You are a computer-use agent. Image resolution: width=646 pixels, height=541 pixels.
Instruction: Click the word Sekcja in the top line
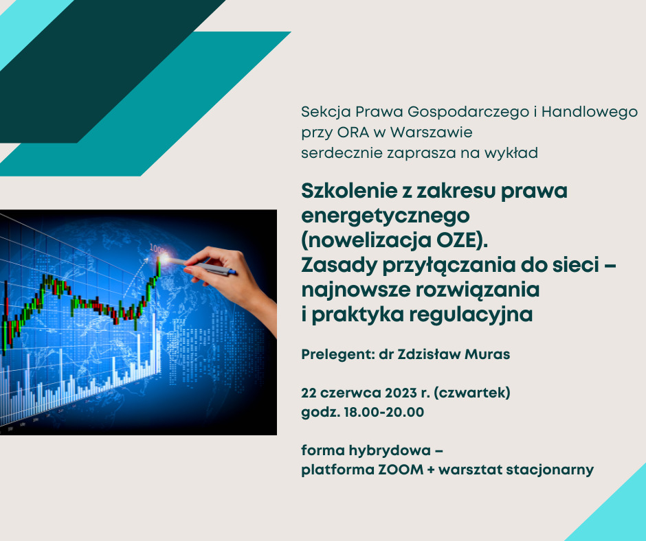point(326,113)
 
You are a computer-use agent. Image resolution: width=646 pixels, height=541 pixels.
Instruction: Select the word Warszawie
point(431,133)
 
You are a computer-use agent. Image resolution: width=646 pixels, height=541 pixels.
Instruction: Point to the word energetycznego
point(386,216)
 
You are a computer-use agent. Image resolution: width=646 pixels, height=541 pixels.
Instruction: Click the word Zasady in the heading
point(339,265)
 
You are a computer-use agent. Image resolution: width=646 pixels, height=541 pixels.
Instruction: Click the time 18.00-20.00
point(384,412)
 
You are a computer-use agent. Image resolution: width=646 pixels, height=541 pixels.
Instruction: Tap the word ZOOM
point(401,470)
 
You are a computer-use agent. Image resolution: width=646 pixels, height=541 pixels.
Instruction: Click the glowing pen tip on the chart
point(164,259)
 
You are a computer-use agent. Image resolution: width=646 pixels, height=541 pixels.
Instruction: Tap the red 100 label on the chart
point(157,249)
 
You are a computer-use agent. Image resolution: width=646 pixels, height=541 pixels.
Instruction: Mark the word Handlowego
point(590,113)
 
